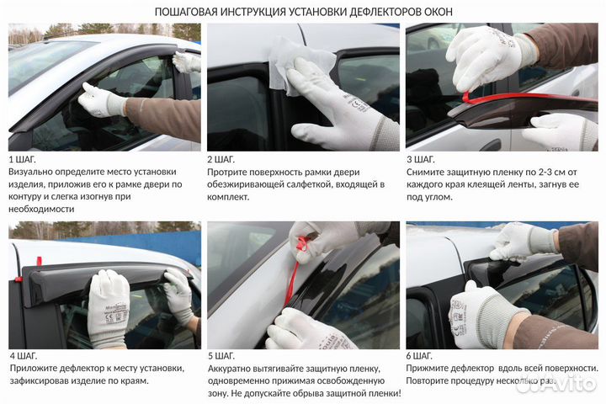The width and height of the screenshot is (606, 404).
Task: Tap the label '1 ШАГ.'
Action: tap(24, 159)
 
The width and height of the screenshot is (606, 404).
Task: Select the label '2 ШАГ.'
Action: tap(222, 159)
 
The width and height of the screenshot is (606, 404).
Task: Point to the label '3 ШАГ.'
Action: tap(421, 159)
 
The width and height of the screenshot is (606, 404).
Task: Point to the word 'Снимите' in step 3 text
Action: tap(428, 172)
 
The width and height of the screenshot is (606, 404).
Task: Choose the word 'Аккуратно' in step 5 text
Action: tap(236, 369)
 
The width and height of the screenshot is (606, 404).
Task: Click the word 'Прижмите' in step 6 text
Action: tap(431, 369)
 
